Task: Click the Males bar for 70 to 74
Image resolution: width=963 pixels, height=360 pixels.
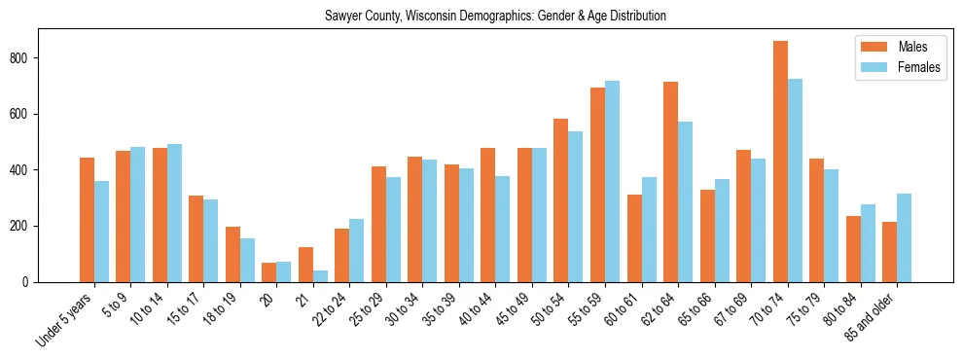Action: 780,162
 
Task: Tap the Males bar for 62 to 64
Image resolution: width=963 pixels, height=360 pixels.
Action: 670,182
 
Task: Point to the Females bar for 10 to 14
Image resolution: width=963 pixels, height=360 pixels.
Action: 174,213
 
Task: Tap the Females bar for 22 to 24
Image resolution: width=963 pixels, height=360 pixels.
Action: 357,250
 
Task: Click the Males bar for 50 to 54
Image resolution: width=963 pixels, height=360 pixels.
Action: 561,200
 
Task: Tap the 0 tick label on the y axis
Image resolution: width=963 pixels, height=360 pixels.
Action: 31,282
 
